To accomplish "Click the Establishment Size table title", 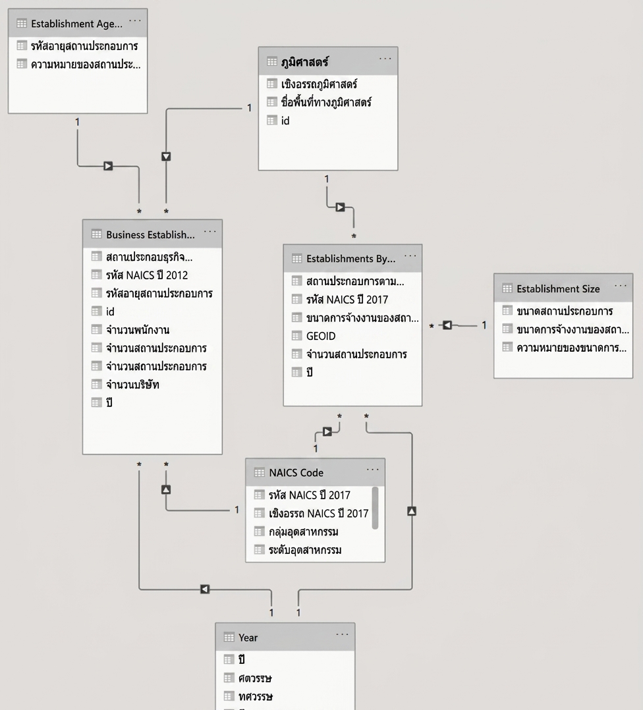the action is click(x=558, y=289).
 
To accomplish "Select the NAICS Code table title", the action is click(x=296, y=473).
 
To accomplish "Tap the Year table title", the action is click(x=248, y=638).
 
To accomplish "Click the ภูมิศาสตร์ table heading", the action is click(x=305, y=62).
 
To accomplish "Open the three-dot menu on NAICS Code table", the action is click(x=373, y=470).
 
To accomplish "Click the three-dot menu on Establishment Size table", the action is click(x=621, y=286).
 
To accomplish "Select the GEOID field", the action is click(x=321, y=336).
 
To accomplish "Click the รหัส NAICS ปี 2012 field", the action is click(x=147, y=275).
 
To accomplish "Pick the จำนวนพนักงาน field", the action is click(x=138, y=329).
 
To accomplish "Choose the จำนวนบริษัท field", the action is click(x=132, y=385).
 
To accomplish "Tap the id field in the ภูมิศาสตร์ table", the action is click(x=285, y=121).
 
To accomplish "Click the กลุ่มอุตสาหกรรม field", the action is click(x=304, y=532).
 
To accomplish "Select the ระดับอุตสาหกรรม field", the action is click(x=305, y=550).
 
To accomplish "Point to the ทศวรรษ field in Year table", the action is click(x=256, y=696).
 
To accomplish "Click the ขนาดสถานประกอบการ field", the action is click(x=565, y=311).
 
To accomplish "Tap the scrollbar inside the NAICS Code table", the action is click(x=375, y=508).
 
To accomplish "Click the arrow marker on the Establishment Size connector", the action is click(x=447, y=325).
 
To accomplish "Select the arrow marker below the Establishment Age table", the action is click(x=108, y=166).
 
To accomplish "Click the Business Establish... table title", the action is click(x=150, y=234).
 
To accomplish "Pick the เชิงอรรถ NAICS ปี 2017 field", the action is click(x=319, y=514).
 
